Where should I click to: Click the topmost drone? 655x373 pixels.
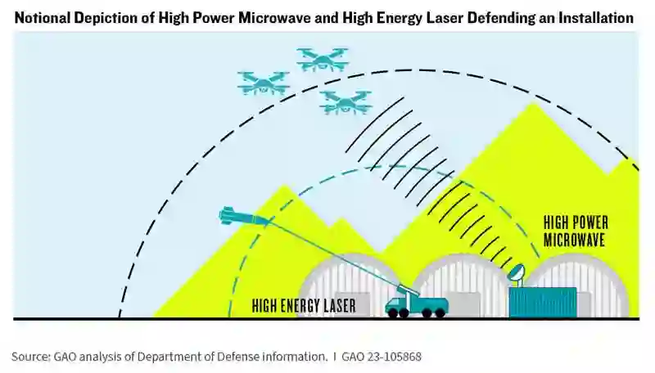[x=323, y=59]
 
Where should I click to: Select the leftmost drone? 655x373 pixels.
[x=263, y=82]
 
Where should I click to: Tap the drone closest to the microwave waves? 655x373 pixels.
[x=346, y=101]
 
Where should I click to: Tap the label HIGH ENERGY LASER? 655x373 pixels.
[x=304, y=306]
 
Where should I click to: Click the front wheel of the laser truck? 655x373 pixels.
[x=396, y=312]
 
